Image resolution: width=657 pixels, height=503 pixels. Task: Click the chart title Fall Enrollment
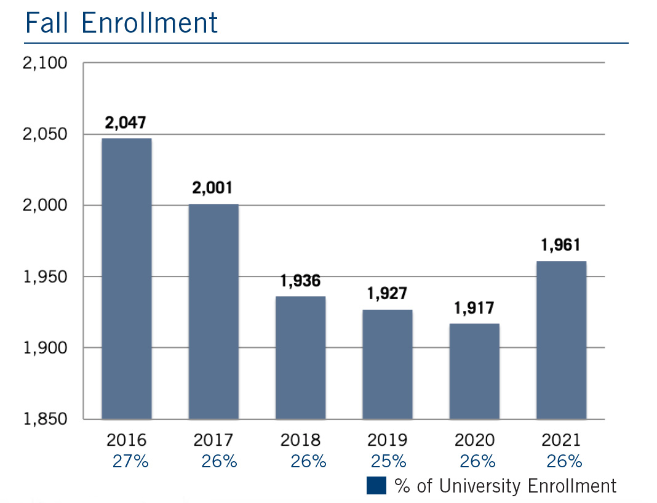[x=121, y=23]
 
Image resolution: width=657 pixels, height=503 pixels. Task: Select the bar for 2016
[x=127, y=278]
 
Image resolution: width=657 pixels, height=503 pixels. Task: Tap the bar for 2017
[x=213, y=311]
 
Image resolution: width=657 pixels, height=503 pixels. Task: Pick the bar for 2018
[x=300, y=357]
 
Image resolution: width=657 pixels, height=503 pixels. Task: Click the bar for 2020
[x=474, y=371]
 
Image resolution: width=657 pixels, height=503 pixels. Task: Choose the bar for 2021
[x=561, y=340]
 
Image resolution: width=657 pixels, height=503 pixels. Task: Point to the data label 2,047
[x=125, y=123]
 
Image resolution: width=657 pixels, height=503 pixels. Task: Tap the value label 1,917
[x=474, y=308]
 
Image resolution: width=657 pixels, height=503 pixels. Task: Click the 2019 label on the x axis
[x=387, y=440]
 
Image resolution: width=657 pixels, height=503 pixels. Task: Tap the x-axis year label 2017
[x=213, y=440]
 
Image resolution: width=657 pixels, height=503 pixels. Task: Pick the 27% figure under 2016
[x=130, y=461]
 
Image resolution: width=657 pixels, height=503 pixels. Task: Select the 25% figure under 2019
[x=388, y=461]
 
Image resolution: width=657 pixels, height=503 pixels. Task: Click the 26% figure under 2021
[x=564, y=461]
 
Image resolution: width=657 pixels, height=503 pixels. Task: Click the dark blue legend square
[x=376, y=485]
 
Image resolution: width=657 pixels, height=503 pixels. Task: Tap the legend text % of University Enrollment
[x=505, y=486]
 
